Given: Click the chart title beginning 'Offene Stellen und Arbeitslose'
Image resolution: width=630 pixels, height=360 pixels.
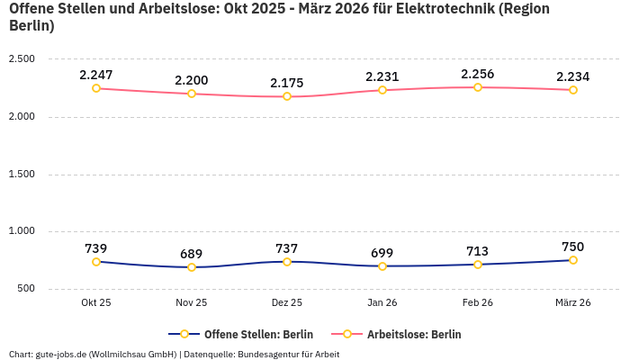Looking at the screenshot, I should pyautogui.click(x=279, y=17).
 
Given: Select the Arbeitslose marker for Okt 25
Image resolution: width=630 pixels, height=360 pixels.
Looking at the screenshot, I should pyautogui.click(x=96, y=88).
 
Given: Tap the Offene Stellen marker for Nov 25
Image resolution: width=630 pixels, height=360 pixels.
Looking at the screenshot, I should pyautogui.click(x=192, y=267).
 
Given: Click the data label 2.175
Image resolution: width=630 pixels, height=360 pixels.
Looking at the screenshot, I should pyautogui.click(x=287, y=83).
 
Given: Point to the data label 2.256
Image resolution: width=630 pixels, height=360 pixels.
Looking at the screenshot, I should pyautogui.click(x=478, y=74).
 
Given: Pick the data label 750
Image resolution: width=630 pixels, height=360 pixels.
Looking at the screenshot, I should pyautogui.click(x=573, y=247).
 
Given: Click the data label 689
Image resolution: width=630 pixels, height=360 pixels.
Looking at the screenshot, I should pyautogui.click(x=192, y=254).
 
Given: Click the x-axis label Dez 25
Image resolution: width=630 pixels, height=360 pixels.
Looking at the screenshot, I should pyautogui.click(x=287, y=303).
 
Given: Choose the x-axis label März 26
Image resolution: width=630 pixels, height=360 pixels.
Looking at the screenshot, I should pyautogui.click(x=573, y=303).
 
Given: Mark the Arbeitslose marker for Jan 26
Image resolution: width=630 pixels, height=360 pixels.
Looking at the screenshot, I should pyautogui.click(x=382, y=90).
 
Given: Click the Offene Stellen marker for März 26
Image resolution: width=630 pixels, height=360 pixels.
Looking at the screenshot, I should pyautogui.click(x=573, y=260).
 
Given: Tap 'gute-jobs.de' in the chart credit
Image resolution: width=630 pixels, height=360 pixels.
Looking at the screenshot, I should pyautogui.click(x=62, y=355).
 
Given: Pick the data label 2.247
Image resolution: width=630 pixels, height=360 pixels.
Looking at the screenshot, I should pyautogui.click(x=96, y=75).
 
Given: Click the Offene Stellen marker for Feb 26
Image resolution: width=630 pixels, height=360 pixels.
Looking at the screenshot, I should pyautogui.click(x=478, y=265).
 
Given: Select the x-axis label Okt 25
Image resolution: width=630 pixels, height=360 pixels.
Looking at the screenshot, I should pyautogui.click(x=96, y=303).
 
